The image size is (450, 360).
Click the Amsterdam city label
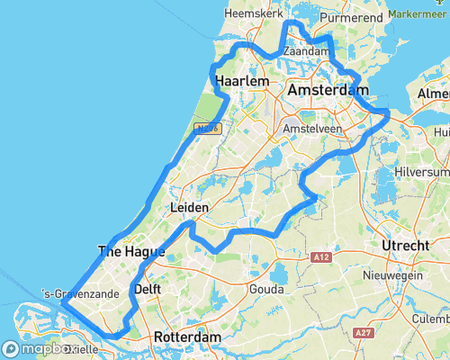328,91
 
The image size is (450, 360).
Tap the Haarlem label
243,82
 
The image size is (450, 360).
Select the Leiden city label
189,208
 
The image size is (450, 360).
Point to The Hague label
130,252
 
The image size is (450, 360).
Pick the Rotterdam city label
187,337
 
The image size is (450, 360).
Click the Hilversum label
422,172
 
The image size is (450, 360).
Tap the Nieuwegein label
391,274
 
